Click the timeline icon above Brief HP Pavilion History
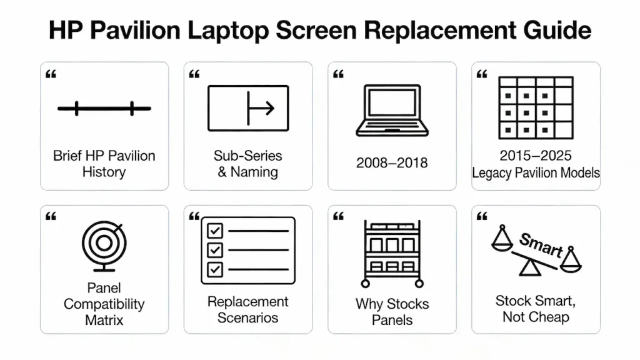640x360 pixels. (x=104, y=109)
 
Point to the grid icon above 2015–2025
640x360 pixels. (x=536, y=108)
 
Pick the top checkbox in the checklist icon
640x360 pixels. (x=215, y=231)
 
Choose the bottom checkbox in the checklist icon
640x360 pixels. (x=215, y=269)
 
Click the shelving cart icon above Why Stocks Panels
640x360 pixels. (x=392, y=252)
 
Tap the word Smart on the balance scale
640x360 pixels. (x=541, y=244)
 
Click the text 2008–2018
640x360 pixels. (x=392, y=163)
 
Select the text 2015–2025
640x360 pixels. (x=536, y=156)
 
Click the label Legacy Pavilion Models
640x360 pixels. (x=536, y=172)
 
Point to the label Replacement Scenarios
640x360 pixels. (x=248, y=309)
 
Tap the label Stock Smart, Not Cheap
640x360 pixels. (x=536, y=309)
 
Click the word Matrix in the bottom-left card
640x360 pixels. (x=104, y=321)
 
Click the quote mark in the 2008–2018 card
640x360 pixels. (x=338, y=74)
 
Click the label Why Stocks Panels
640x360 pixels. (x=392, y=312)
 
